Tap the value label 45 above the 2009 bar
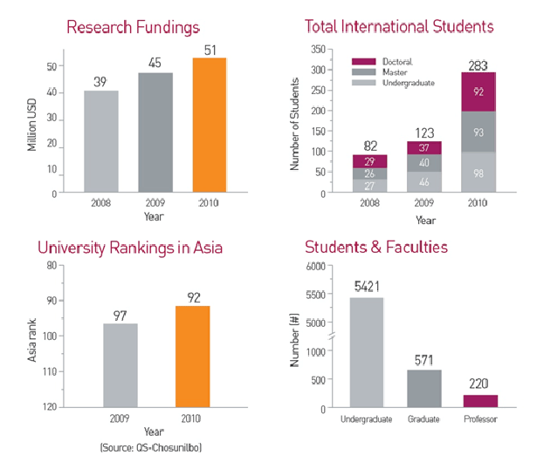[155, 62]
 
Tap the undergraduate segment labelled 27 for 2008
[369, 185]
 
